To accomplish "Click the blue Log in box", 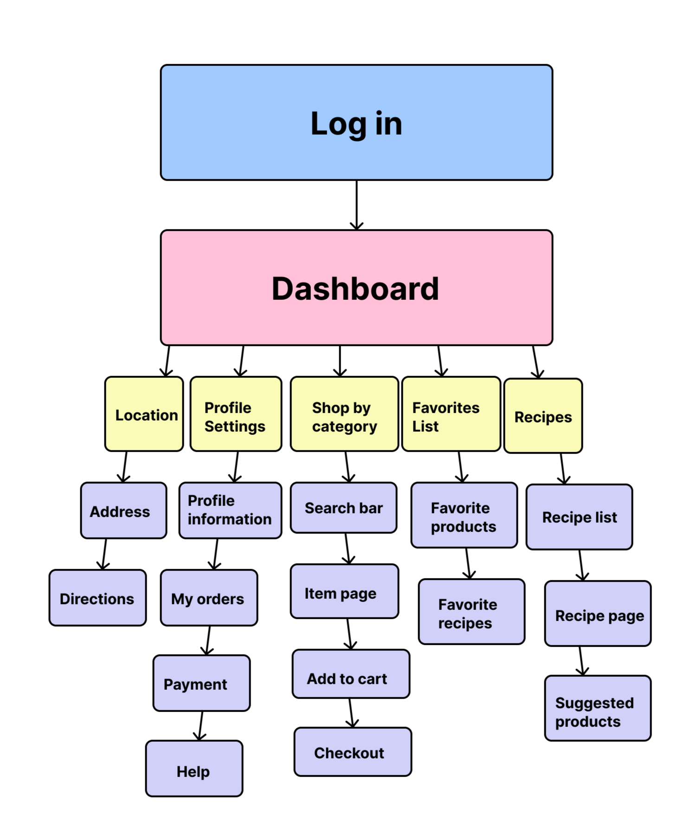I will point(356,123).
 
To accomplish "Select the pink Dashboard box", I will point(356,288).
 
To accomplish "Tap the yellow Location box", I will point(144,414).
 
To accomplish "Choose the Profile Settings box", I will point(236,414).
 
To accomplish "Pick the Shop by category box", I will point(344,414).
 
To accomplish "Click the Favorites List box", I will point(451,414).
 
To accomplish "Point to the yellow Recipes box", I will point(543,416).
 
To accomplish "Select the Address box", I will point(123,511).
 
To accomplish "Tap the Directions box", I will point(97,598).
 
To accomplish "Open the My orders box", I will point(209,598).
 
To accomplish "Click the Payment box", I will point(201,683).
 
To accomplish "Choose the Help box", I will point(194,769).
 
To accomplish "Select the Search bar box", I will point(343,508).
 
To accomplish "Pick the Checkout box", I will point(353,752).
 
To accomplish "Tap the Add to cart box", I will point(351,674).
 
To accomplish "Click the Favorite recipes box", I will point(471,612).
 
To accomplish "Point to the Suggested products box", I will point(598,708).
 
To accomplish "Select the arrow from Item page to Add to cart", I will point(349,634).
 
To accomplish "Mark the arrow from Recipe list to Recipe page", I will point(581,565).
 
